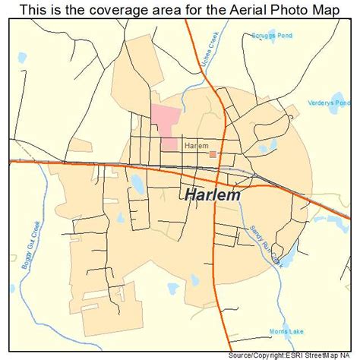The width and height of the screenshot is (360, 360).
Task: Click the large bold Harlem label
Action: (213, 194)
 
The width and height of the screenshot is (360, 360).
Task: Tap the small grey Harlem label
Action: (196, 144)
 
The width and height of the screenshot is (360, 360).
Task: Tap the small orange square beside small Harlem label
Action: (213, 154)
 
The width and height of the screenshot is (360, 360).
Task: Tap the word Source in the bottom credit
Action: (245, 355)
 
